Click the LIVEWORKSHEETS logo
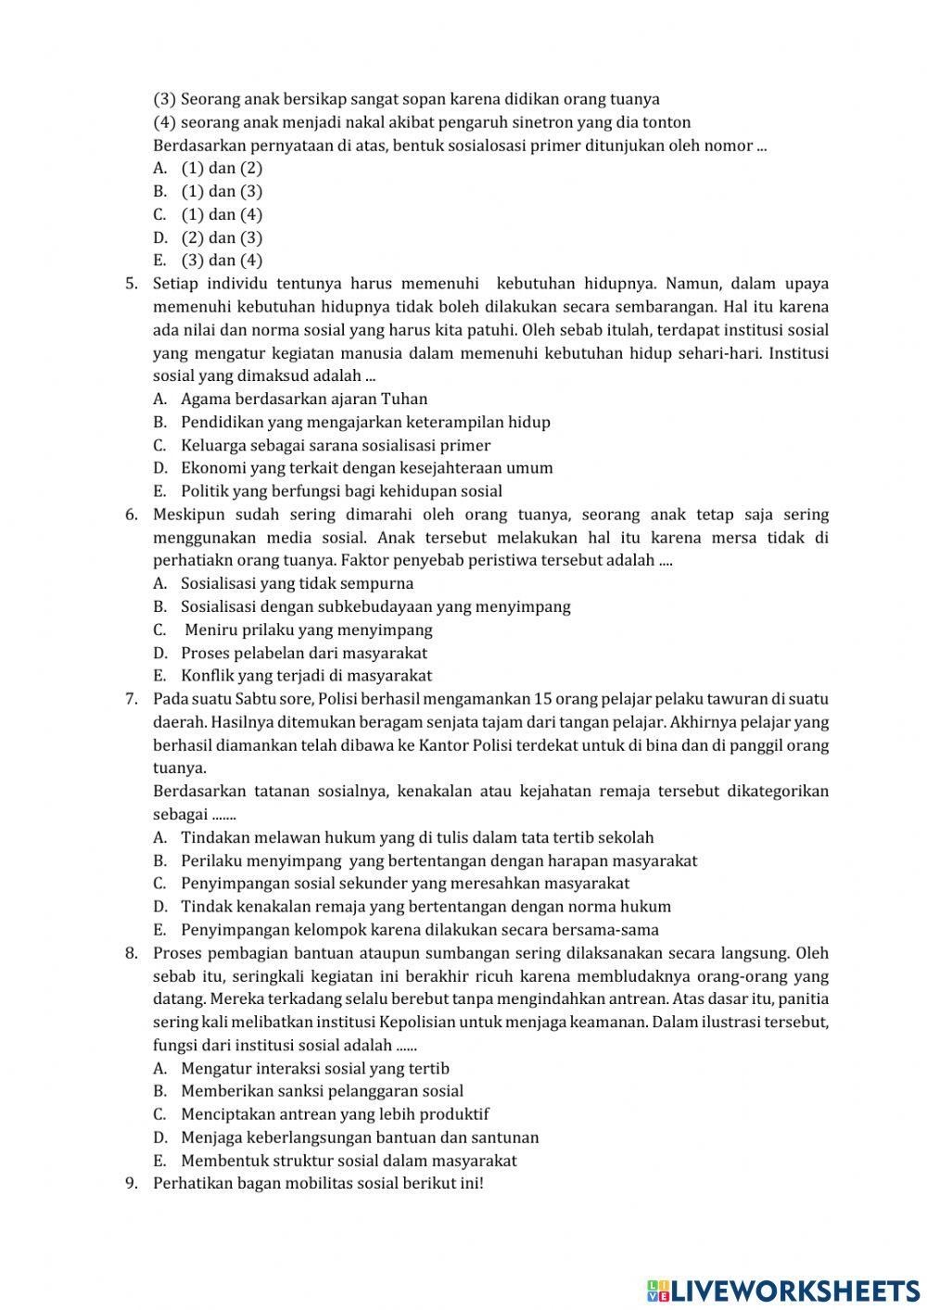[x=783, y=1290]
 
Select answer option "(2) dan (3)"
[x=222, y=237]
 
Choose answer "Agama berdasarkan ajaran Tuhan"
[x=304, y=399]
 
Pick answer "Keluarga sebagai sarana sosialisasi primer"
[x=336, y=445]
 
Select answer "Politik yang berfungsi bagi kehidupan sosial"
[x=341, y=491]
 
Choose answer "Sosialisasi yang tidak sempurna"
[x=297, y=583]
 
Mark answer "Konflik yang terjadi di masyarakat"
[x=306, y=676]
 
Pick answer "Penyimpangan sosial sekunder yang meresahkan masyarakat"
[x=405, y=884]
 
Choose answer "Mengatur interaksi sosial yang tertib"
[x=315, y=1068]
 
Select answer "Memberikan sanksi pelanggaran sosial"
[x=322, y=1091]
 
